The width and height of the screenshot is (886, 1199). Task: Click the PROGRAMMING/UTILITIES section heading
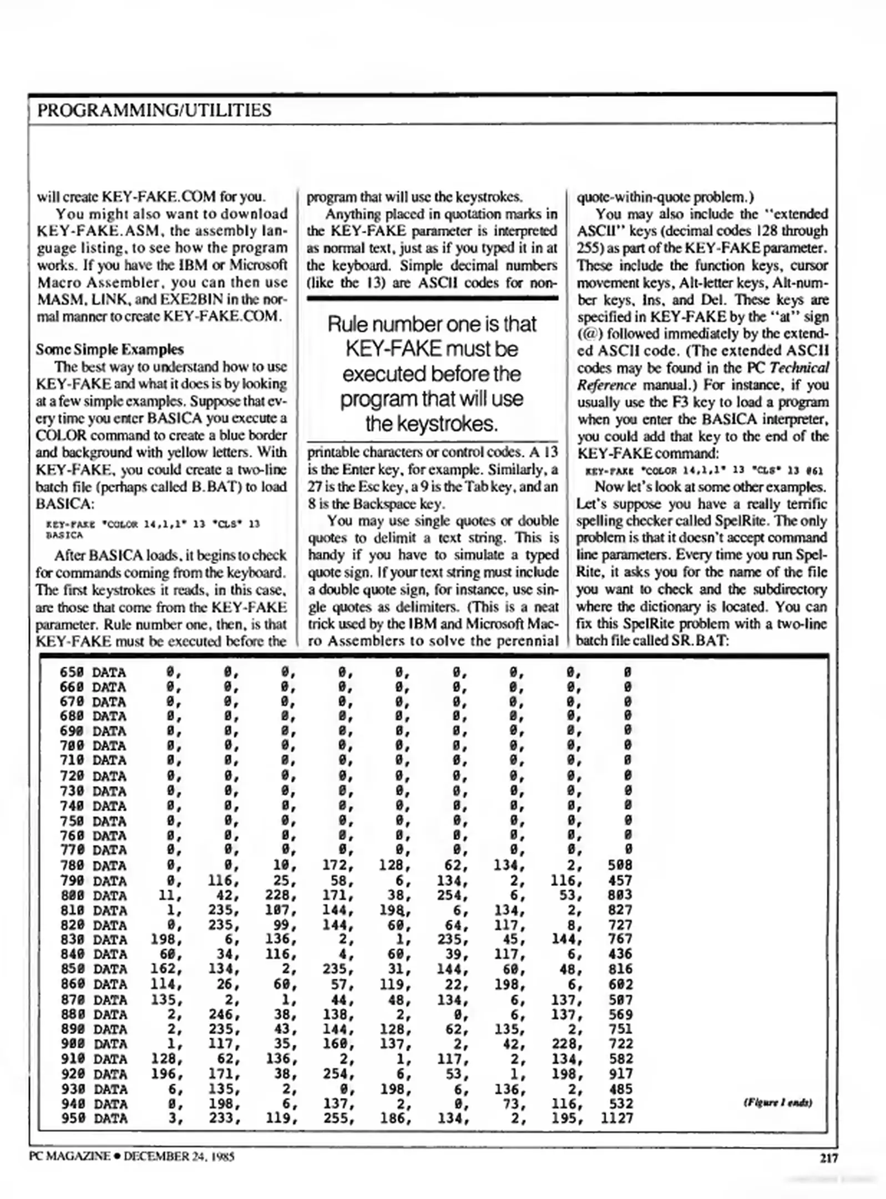tap(154, 110)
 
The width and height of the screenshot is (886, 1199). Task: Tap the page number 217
tap(828, 1157)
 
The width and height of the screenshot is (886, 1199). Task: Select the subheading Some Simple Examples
tap(109, 349)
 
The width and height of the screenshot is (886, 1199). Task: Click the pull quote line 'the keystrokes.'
tap(432, 424)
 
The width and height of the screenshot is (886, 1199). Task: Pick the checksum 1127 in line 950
tap(616, 1118)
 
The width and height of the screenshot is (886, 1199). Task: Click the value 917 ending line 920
tap(620, 1074)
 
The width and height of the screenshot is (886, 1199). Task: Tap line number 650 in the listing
tap(71, 672)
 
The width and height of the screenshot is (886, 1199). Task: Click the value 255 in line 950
tap(337, 1118)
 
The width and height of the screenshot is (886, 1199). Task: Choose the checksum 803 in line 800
tap(620, 895)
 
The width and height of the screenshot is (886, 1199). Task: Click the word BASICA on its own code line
tap(64, 535)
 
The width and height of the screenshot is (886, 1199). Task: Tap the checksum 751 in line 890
tap(620, 1029)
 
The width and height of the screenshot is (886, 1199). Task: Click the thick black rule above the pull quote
tap(432, 298)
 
